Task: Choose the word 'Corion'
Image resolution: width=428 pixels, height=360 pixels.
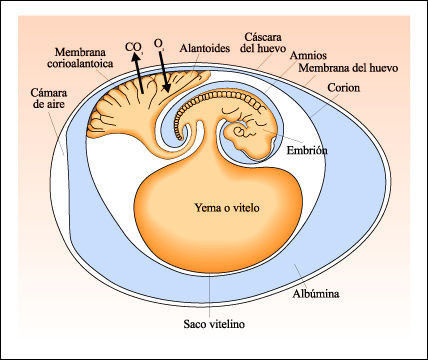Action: point(342,88)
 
